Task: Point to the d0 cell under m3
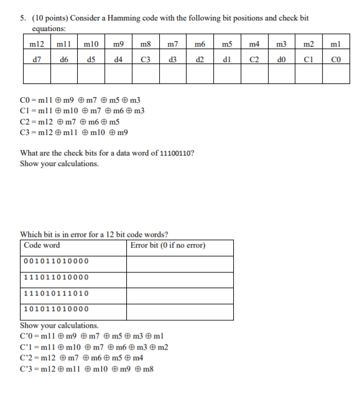(282, 60)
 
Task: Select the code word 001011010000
(56, 261)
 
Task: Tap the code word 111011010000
(56, 277)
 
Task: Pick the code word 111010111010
(56, 294)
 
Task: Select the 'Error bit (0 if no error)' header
(168, 245)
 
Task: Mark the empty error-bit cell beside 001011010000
(181, 261)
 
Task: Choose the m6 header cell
(200, 45)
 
